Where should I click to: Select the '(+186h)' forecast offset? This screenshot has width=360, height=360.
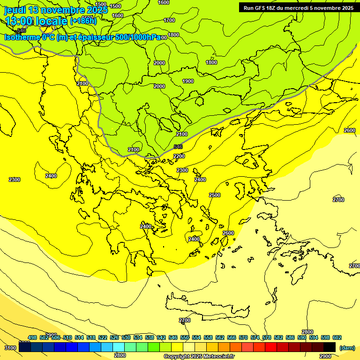pos(83,21)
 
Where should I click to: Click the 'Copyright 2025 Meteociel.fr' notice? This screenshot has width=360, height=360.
pos(199,357)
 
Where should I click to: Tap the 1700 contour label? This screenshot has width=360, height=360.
pos(169,20)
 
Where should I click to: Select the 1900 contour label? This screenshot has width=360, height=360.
pos(188,81)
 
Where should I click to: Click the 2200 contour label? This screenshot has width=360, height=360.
pos(179,156)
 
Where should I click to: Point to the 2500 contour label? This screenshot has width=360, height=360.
pos(215,195)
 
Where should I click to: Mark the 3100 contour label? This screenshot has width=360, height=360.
pos(10,348)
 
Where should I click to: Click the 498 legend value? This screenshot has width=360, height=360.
pos(32,337)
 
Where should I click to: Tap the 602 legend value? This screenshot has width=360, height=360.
pos(337,337)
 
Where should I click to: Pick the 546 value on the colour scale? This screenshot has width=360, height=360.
pos(173,337)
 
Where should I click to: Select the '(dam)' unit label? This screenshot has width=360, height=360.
pos(347,347)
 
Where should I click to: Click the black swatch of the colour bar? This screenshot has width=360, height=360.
pos(330,347)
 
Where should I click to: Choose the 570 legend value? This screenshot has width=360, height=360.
pos(243,337)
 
